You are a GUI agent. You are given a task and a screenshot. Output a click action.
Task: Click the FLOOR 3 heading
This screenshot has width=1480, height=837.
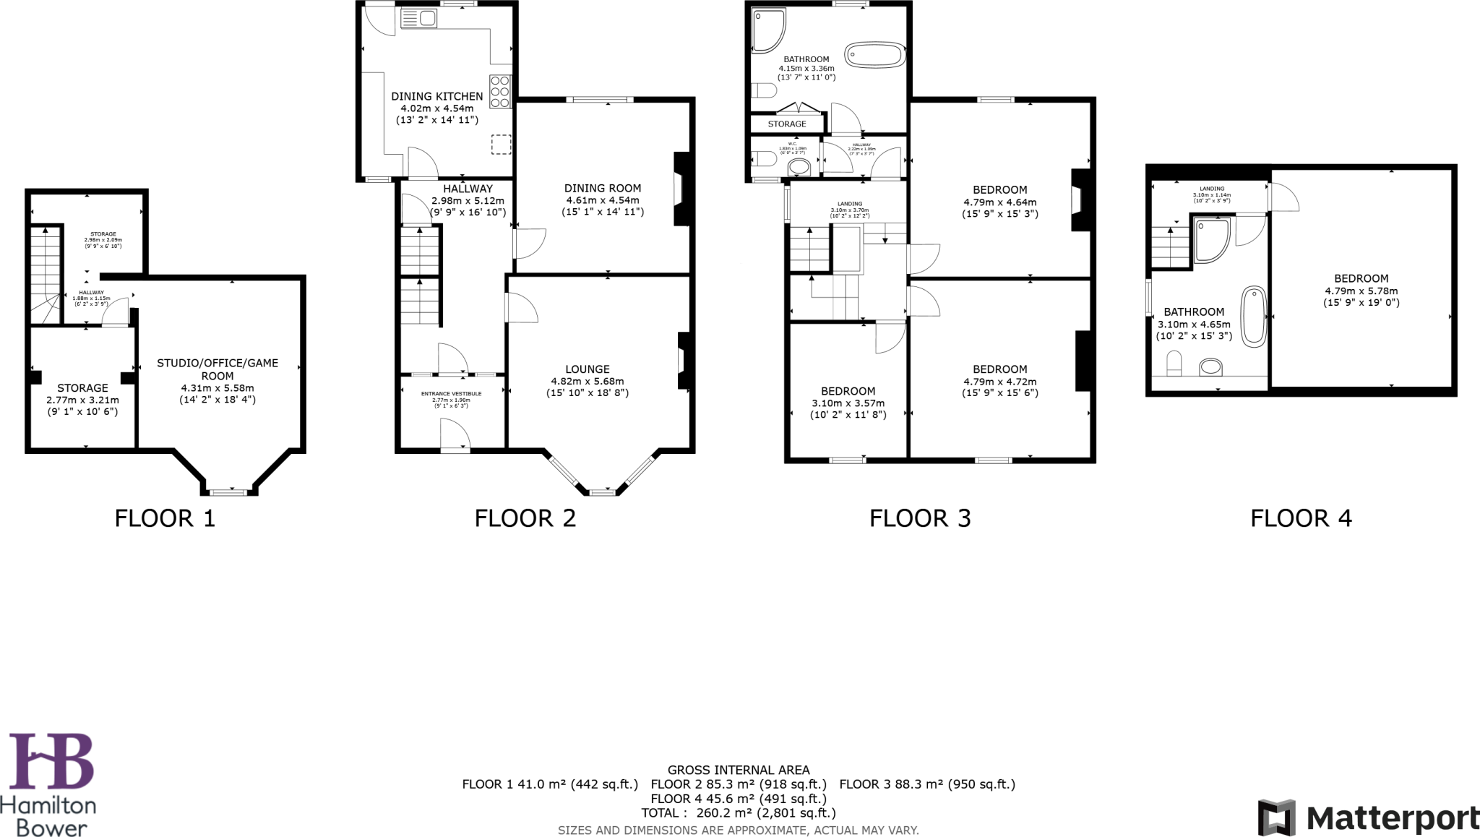919,518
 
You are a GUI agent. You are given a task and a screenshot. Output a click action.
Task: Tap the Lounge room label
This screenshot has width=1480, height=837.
587,369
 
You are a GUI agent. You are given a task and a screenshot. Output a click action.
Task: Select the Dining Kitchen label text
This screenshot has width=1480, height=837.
436,96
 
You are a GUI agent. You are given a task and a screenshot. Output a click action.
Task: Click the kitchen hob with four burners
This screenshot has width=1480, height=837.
500,92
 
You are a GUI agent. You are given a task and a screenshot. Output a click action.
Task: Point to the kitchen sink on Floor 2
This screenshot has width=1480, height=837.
419,18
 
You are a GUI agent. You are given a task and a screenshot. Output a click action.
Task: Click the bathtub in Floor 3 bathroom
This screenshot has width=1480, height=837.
874,56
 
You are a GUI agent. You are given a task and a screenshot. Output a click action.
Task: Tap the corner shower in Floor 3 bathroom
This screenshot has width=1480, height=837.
767,30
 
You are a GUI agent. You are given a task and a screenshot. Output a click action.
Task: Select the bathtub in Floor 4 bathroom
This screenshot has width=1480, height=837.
1254,317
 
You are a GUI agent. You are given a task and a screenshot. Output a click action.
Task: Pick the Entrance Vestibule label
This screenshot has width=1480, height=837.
451,394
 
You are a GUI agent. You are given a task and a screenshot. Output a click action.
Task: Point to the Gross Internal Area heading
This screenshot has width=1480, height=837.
738,771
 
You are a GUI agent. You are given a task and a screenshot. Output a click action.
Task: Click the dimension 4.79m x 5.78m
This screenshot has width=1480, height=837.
1361,291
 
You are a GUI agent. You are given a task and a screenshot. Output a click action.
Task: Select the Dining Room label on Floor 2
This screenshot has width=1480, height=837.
602,188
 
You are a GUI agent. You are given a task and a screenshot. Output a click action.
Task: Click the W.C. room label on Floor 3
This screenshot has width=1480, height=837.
792,144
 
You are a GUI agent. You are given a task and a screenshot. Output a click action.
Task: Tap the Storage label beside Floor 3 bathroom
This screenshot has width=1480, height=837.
786,124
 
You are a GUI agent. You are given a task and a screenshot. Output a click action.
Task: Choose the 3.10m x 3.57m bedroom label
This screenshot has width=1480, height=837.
848,403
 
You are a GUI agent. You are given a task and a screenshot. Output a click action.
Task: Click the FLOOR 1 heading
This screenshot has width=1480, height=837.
165,518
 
